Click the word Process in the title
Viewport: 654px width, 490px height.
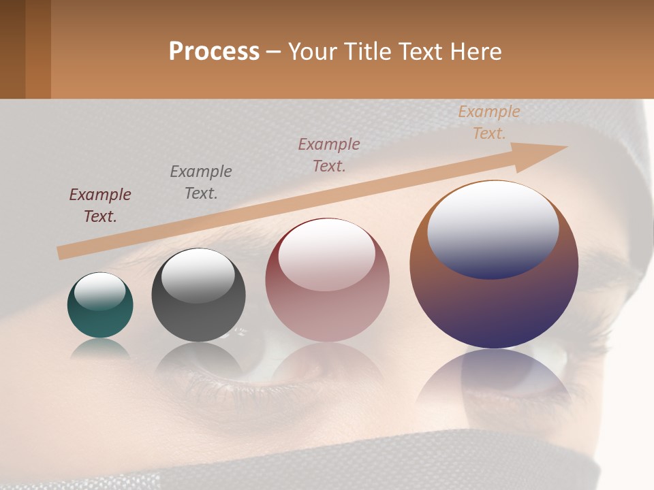(214, 51)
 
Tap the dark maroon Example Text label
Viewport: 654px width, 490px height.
(100, 205)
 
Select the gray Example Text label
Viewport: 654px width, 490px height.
(200, 182)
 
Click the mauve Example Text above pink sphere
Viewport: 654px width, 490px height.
(329, 154)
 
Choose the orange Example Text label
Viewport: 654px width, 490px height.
(488, 122)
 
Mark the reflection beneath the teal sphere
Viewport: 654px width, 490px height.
(100, 348)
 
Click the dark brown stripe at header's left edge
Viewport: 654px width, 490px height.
(12, 49)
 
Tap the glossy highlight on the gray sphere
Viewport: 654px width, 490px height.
(198, 276)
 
